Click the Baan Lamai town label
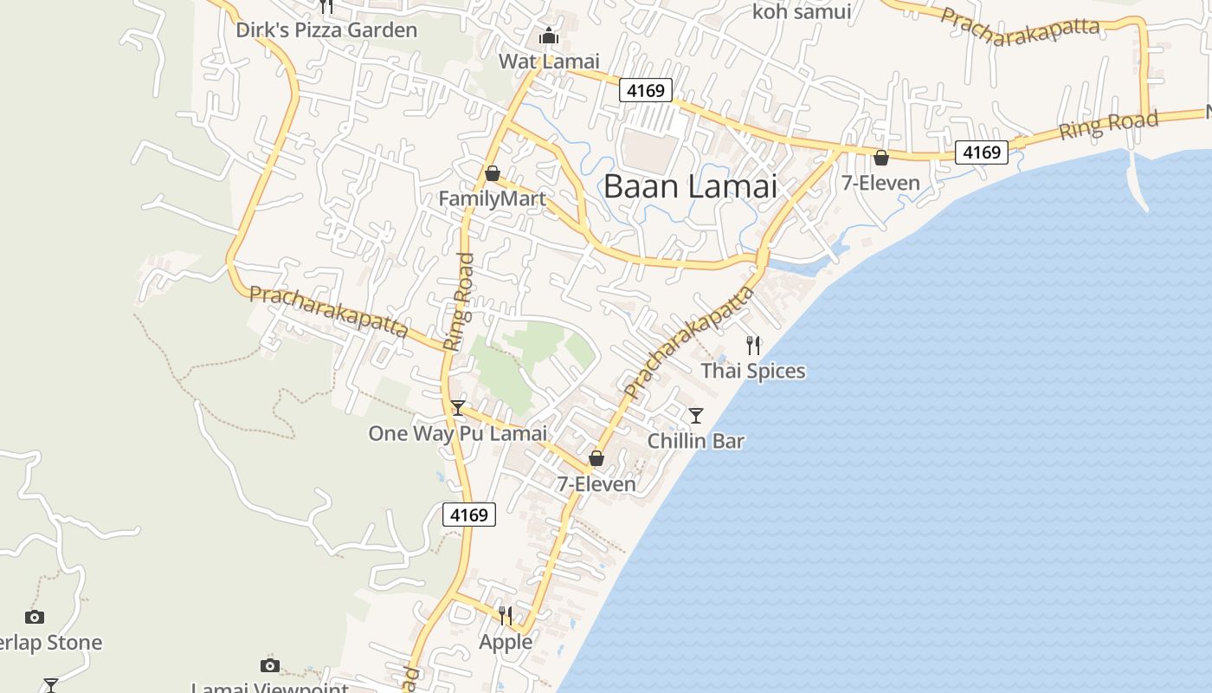tap(690, 186)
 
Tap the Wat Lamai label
tap(549, 62)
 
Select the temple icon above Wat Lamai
tap(549, 36)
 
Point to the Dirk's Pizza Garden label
tap(326, 30)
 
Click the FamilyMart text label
tap(492, 199)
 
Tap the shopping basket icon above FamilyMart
tap(493, 173)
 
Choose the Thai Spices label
tap(753, 371)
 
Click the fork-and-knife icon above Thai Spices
tap(753, 346)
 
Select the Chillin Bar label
tap(696, 441)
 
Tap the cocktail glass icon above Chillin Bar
tap(696, 416)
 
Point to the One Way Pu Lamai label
tap(457, 433)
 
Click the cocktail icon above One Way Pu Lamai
tap(458, 408)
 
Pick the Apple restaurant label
tap(506, 642)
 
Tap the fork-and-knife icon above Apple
tap(506, 616)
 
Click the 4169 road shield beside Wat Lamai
tap(646, 90)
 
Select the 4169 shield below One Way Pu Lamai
tap(469, 515)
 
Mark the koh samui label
tap(802, 12)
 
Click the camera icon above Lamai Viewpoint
tap(270, 665)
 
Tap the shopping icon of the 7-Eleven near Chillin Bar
tap(596, 458)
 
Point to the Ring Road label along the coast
tap(1108, 126)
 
